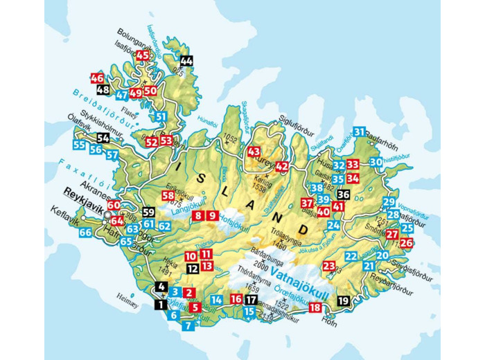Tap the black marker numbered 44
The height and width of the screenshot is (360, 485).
186,61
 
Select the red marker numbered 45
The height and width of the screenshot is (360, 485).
143,55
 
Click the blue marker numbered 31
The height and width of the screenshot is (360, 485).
359,132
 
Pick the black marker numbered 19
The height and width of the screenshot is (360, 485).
343,300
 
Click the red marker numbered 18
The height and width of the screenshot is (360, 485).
316,308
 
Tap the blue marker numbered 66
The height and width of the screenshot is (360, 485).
85,233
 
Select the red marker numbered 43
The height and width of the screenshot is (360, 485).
254,152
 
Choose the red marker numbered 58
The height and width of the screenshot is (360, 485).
168,196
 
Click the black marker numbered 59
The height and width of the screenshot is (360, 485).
148,213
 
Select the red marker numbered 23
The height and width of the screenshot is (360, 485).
328,265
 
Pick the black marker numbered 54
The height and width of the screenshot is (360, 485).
103,138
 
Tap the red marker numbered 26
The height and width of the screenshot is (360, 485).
406,243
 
